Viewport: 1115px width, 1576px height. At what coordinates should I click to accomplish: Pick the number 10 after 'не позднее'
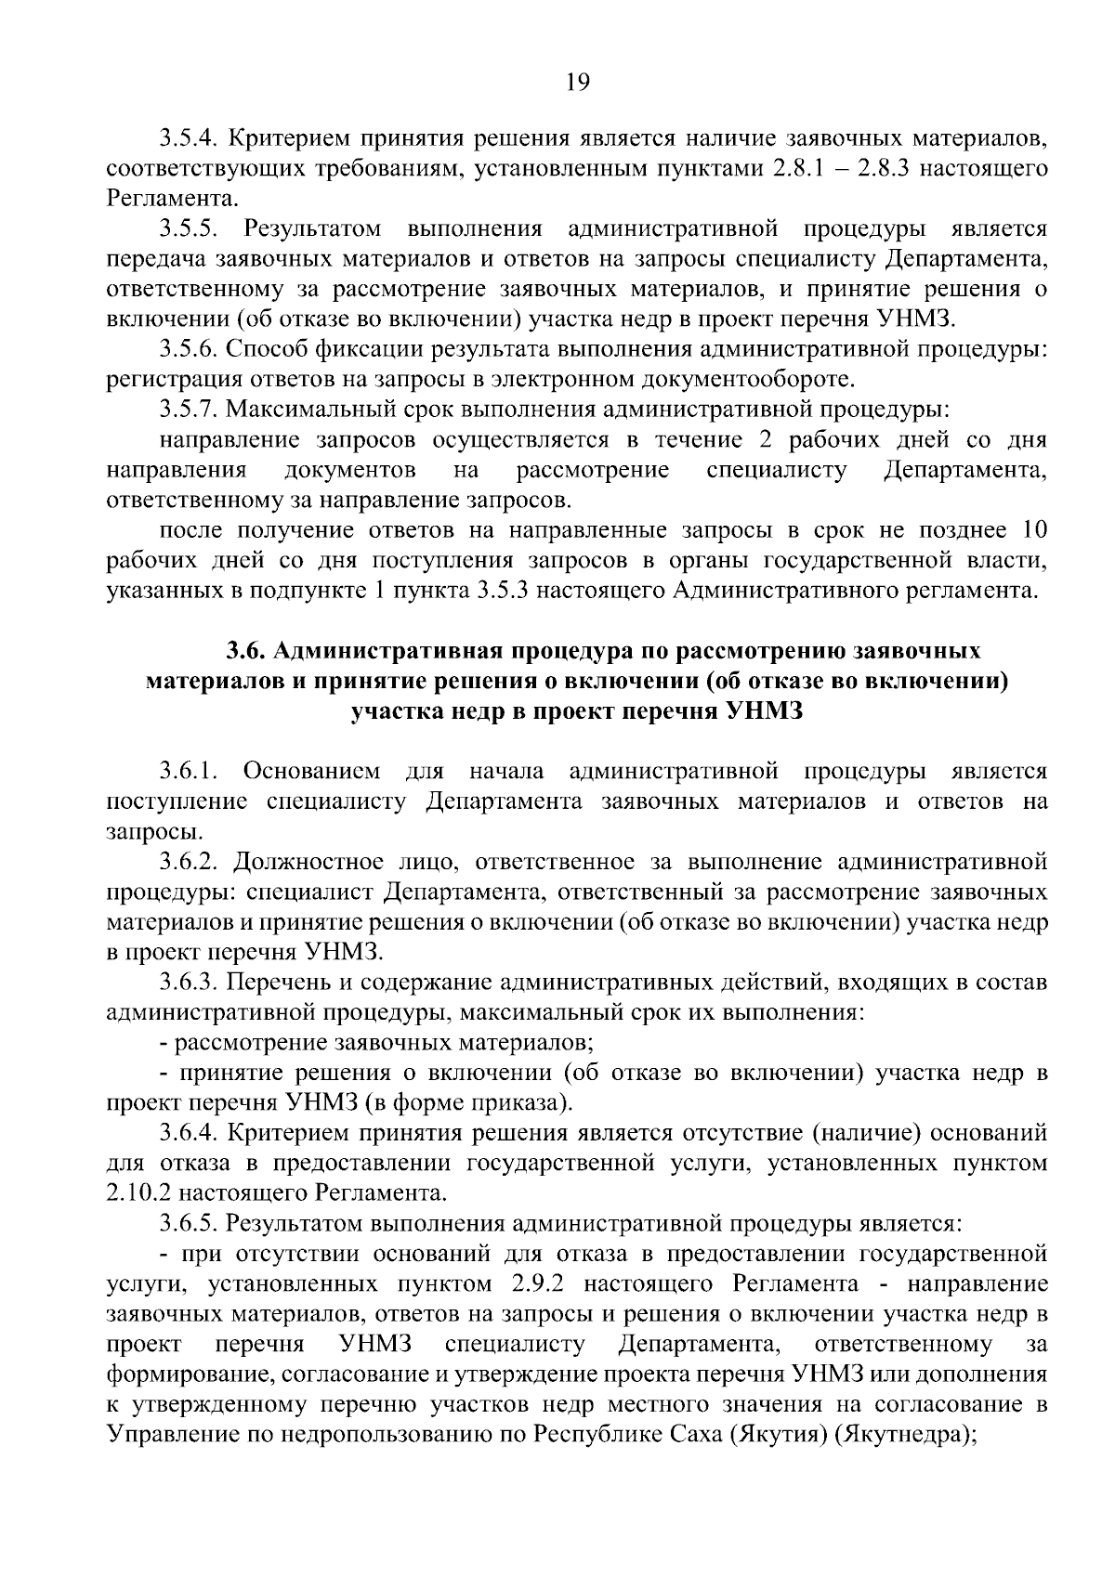pyautogui.click(x=1034, y=530)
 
